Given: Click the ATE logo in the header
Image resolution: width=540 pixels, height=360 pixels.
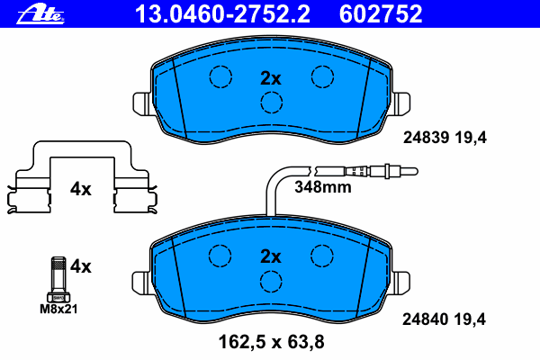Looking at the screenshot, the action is click(x=40, y=15).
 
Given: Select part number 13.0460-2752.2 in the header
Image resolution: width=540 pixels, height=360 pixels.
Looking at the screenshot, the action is click(x=222, y=14).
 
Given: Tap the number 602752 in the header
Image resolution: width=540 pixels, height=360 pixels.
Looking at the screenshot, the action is click(x=381, y=14).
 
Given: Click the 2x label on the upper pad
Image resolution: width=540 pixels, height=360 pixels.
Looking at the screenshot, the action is click(x=271, y=78).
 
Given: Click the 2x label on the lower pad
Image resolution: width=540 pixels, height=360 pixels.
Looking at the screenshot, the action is click(x=271, y=256).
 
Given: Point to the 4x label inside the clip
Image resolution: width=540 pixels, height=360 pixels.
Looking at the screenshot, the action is click(x=81, y=189).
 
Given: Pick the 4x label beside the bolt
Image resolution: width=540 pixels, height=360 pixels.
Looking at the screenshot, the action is click(x=81, y=266).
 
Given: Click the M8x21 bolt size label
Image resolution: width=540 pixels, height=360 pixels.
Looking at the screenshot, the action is click(x=58, y=309).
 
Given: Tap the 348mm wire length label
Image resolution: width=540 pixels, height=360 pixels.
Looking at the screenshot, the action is click(x=323, y=187).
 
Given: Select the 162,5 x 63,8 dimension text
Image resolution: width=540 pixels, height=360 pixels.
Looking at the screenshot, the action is click(x=272, y=342).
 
